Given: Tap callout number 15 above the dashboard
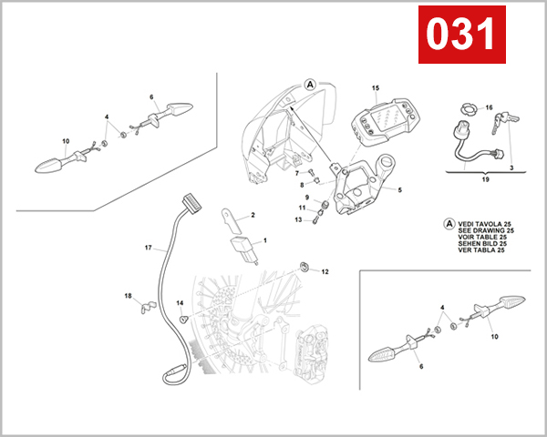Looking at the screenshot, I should (375, 88).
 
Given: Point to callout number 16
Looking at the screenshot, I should (489, 107).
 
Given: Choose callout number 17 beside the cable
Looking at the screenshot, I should (148, 247).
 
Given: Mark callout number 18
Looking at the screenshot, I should (128, 296).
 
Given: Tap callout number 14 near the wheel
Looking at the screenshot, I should (181, 303).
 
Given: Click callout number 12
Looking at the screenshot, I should (325, 272).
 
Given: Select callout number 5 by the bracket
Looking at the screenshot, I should (398, 190).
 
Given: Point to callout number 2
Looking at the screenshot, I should (253, 216).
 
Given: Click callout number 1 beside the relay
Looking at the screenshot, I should (265, 241).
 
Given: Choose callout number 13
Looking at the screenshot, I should (298, 219).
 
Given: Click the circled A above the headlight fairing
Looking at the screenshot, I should (310, 83).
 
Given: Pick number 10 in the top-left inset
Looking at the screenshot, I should (66, 140).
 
